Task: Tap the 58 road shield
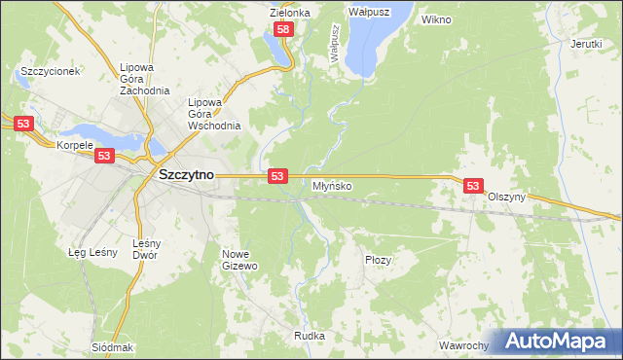283,30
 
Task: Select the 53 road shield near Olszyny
473,185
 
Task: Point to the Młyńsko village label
332,185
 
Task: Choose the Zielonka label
290,13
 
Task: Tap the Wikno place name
437,18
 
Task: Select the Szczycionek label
49,72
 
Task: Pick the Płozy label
378,260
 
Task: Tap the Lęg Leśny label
92,253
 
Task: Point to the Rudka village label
309,336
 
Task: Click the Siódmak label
112,347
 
